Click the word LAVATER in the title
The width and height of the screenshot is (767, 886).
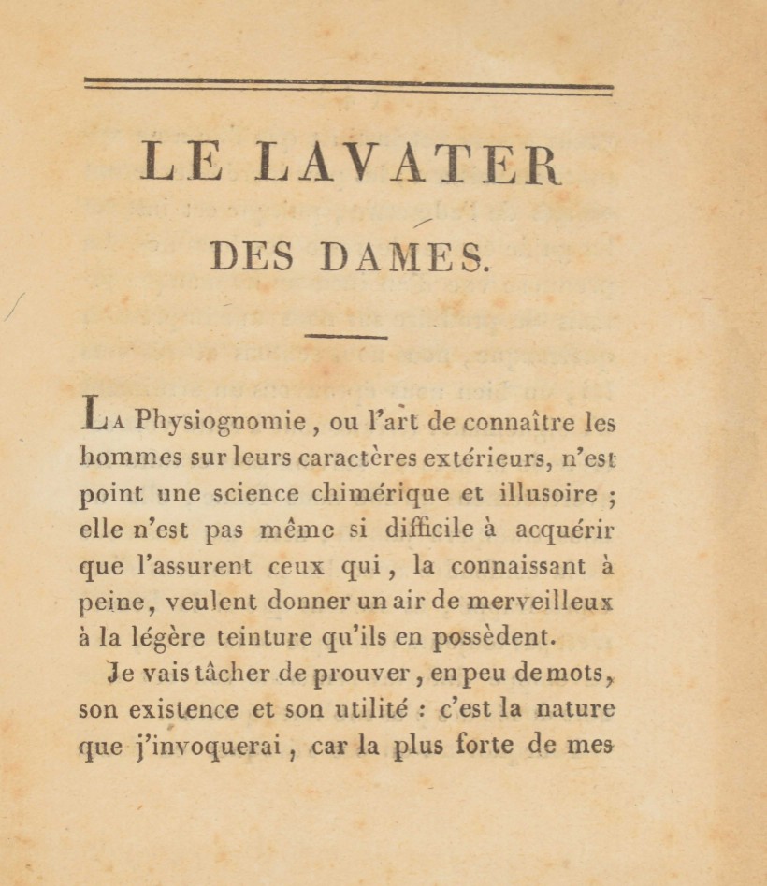[410, 163]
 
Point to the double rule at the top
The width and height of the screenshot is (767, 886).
[348, 86]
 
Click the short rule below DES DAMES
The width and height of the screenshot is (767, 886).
[346, 336]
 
